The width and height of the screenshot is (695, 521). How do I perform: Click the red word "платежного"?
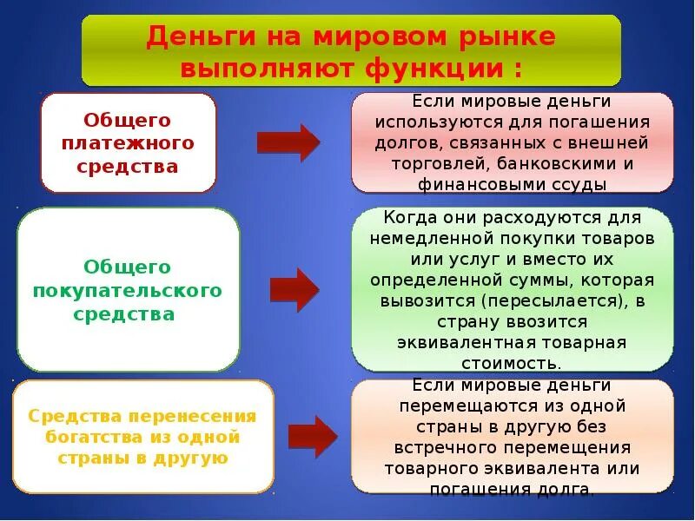(x=128, y=143)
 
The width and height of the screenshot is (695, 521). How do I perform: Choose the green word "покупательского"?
(x=128, y=290)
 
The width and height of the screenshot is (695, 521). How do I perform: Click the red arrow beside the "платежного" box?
(x=288, y=143)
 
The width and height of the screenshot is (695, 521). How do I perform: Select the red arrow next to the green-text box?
(x=295, y=290)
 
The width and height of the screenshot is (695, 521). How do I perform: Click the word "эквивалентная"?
(x=455, y=342)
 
